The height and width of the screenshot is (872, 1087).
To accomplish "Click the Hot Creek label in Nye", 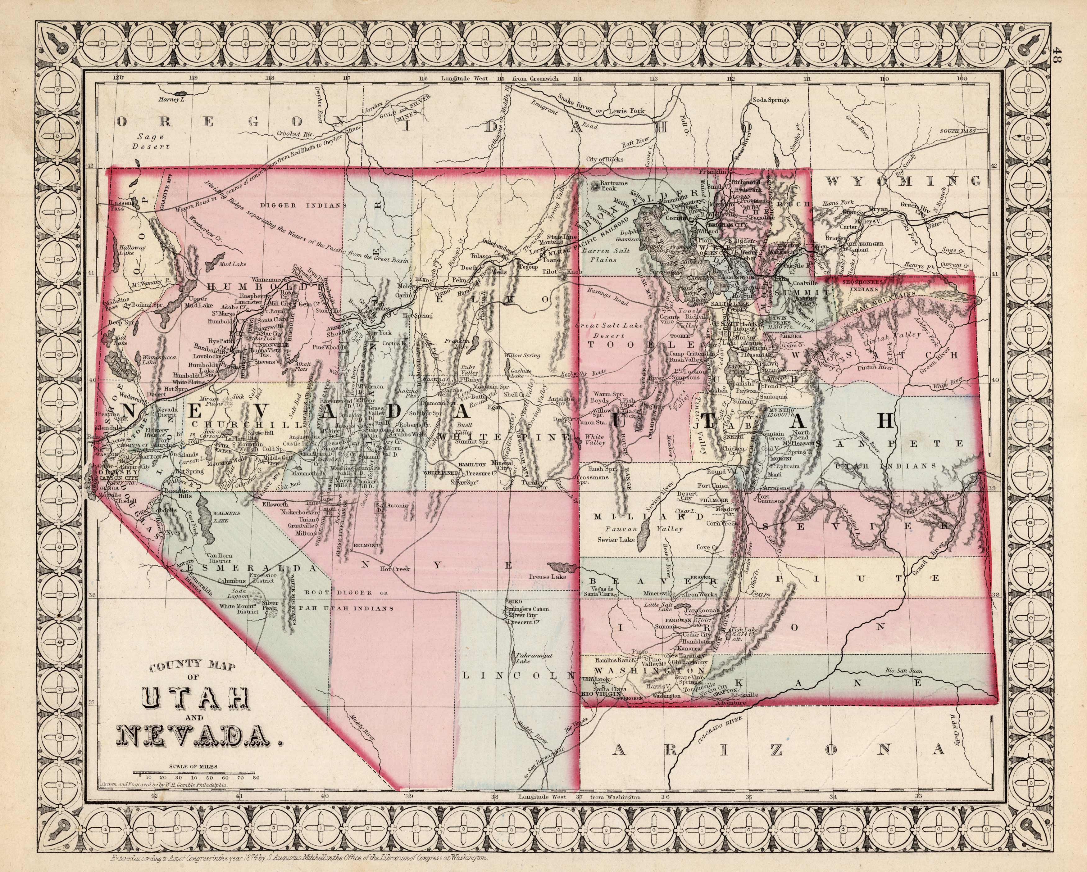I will (395, 569).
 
